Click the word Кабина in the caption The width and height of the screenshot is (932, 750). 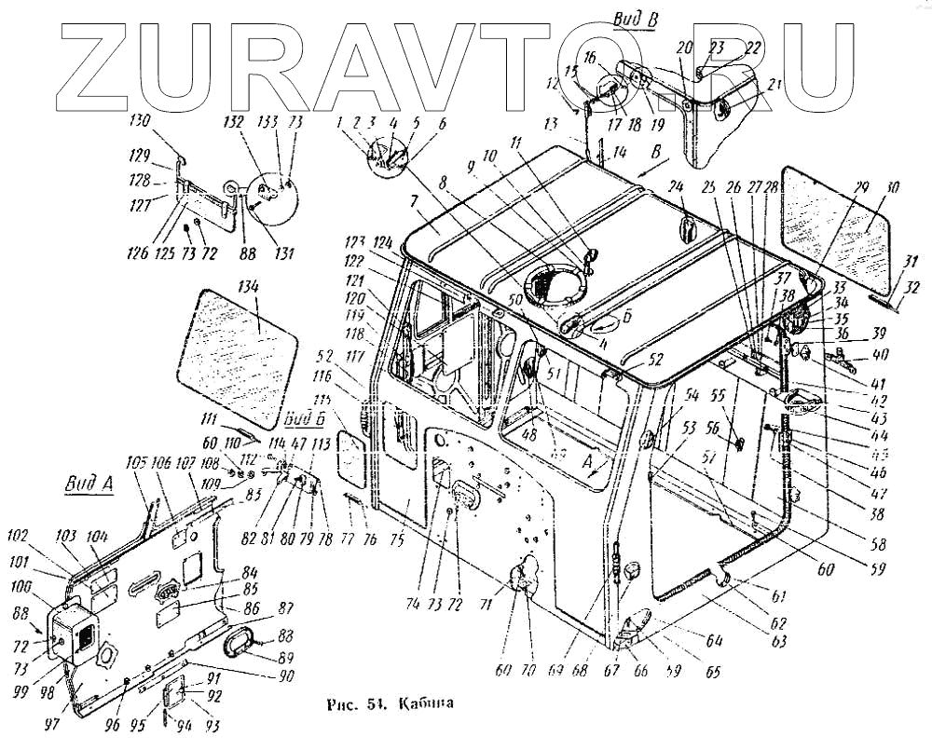click(x=426, y=702)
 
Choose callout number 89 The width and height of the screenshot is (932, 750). click(x=277, y=658)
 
